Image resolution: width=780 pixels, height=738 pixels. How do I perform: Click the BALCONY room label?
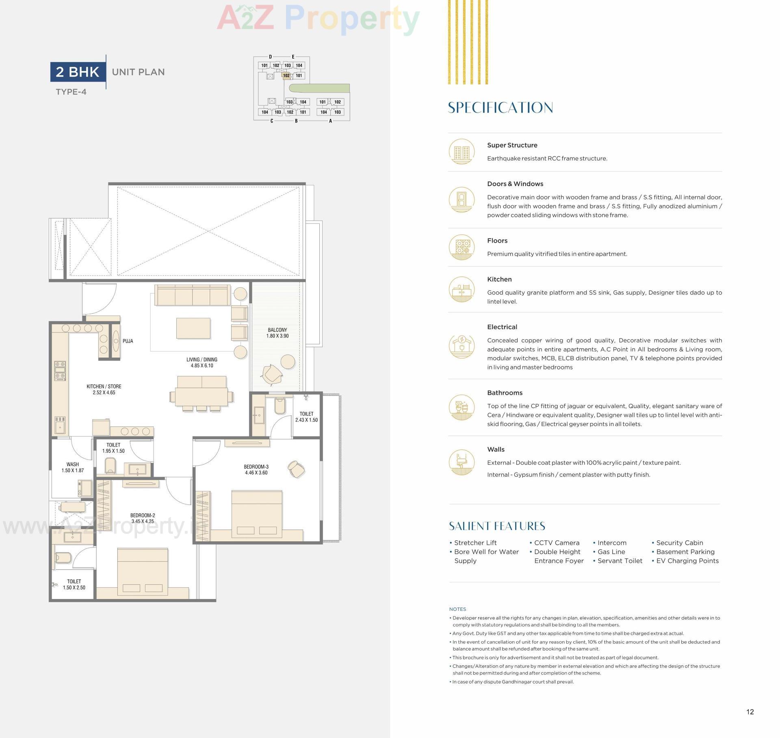pyautogui.click(x=277, y=330)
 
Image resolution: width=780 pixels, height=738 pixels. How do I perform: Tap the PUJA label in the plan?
pyautogui.click(x=128, y=341)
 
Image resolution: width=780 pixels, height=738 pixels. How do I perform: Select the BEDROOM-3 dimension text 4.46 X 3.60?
pyautogui.click(x=256, y=473)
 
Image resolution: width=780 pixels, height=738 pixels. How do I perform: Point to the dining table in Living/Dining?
pyautogui.click(x=201, y=397)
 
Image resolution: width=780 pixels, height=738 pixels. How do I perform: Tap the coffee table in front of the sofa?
pyautogui.click(x=193, y=328)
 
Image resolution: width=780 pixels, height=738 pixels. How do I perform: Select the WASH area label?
pyautogui.click(x=73, y=464)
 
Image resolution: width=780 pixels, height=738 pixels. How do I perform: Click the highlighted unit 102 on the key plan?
pyautogui.click(x=286, y=76)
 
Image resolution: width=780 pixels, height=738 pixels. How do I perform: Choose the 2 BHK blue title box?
pyautogui.click(x=78, y=72)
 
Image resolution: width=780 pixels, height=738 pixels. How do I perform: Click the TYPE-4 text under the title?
pyautogui.click(x=71, y=92)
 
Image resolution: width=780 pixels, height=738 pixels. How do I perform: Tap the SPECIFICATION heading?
pyautogui.click(x=500, y=108)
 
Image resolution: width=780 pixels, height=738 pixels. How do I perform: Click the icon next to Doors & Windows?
pyautogui.click(x=461, y=200)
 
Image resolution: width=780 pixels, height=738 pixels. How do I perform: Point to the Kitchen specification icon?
pyautogui.click(x=461, y=289)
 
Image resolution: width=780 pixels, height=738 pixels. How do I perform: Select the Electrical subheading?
pyautogui.click(x=502, y=327)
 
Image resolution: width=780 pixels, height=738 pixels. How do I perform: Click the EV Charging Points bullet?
pyautogui.click(x=687, y=561)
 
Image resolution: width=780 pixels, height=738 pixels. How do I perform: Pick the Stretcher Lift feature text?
pyautogui.click(x=475, y=543)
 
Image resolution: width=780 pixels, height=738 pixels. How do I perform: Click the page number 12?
pyautogui.click(x=750, y=712)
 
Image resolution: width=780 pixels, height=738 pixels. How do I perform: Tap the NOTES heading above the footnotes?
pyautogui.click(x=457, y=609)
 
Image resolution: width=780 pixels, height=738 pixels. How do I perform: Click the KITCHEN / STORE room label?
pyautogui.click(x=104, y=386)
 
